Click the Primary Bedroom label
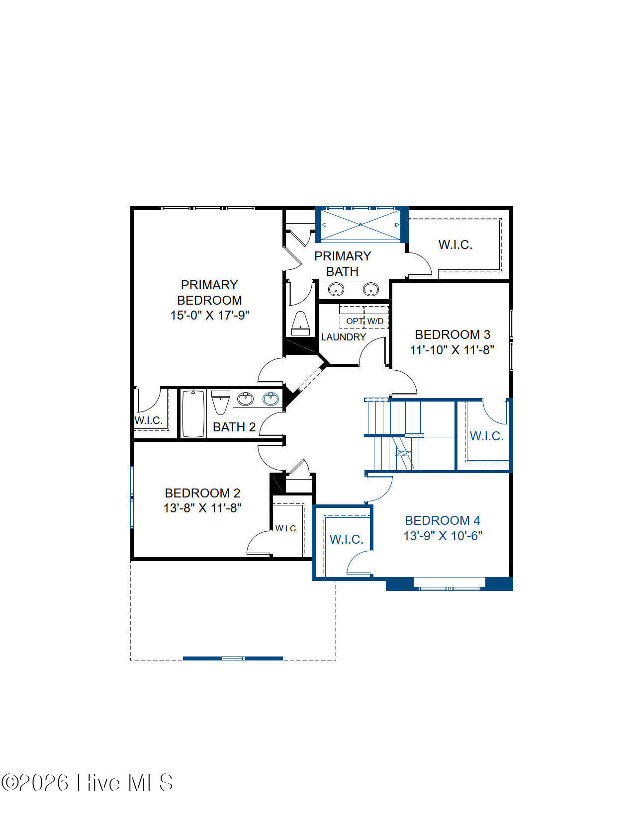pyautogui.click(x=209, y=292)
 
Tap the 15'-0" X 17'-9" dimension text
pyautogui.click(x=209, y=315)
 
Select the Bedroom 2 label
pyautogui.click(x=202, y=493)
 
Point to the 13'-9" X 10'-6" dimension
pyautogui.click(x=443, y=536)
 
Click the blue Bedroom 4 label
pyautogui.click(x=442, y=520)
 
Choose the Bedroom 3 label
pyautogui.click(x=453, y=334)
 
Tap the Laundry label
pyautogui.click(x=343, y=337)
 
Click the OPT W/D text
pyautogui.click(x=365, y=321)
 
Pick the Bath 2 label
pyautogui.click(x=234, y=427)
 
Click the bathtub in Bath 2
pyautogui.click(x=193, y=413)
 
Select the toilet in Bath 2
pyautogui.click(x=220, y=402)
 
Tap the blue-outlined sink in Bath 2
pyautogui.click(x=271, y=399)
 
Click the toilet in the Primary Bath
pyautogui.click(x=300, y=324)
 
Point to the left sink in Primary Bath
pyautogui.click(x=336, y=290)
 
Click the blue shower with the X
pyautogui.click(x=361, y=225)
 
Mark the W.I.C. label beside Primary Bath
pyautogui.click(x=455, y=245)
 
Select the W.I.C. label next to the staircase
pyautogui.click(x=486, y=436)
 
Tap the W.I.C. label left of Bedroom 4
pyautogui.click(x=346, y=540)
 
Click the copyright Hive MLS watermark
pyautogui.click(x=87, y=783)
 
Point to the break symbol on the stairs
pyautogui.click(x=403, y=453)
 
